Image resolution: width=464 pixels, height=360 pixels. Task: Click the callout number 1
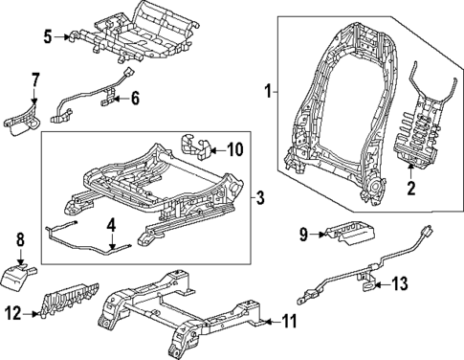click(268, 92)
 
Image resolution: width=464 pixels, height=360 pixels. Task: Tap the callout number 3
click(260, 198)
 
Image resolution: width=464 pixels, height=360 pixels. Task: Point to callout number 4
click(111, 226)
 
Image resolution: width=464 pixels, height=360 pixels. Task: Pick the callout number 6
click(135, 99)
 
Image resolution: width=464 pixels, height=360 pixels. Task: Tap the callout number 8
click(19, 238)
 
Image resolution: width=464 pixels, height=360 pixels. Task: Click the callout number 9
click(301, 233)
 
